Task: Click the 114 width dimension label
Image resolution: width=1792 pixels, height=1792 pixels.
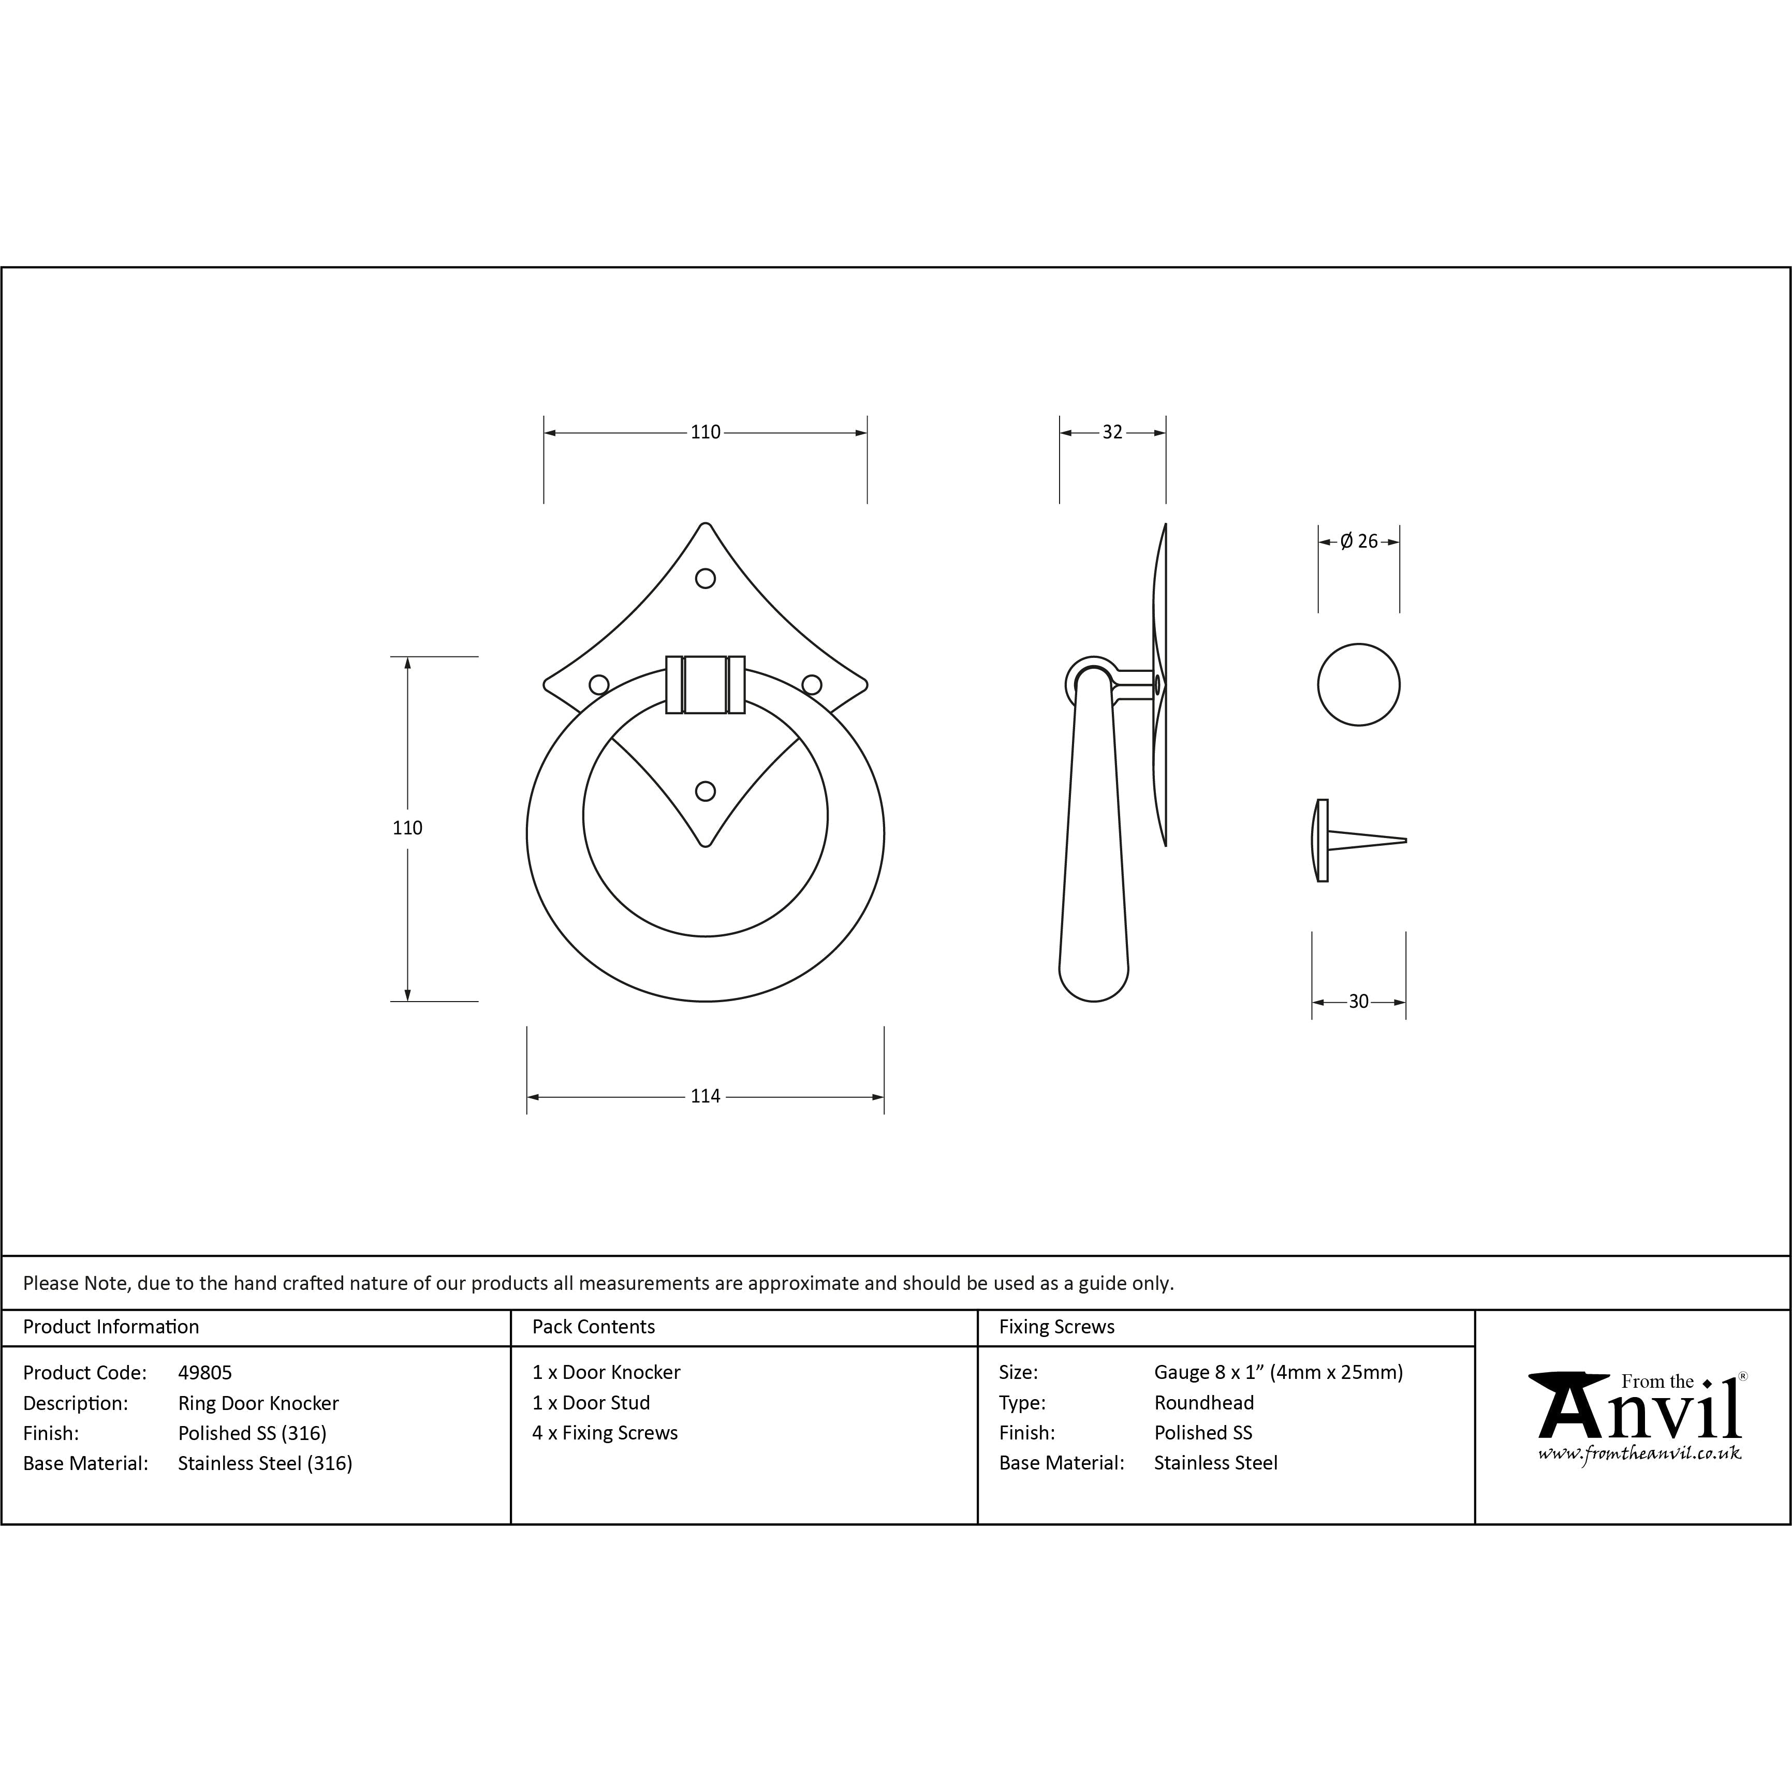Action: (x=705, y=1096)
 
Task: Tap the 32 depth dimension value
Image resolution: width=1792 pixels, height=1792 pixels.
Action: (x=1112, y=432)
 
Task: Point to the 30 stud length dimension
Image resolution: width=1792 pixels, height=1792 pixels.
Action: (x=1358, y=1002)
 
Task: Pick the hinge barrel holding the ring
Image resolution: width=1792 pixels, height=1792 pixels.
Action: (x=705, y=684)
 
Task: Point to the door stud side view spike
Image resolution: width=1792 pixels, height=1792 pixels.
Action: (x=1368, y=840)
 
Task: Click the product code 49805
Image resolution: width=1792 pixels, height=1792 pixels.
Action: (x=205, y=1373)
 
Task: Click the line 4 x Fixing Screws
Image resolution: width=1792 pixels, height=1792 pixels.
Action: (x=605, y=1433)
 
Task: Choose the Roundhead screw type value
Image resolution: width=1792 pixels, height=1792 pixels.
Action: (x=1204, y=1403)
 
